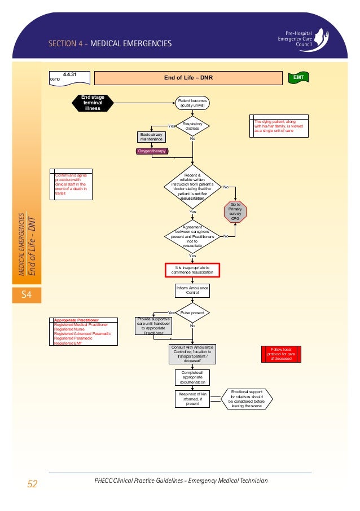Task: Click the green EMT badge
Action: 298,77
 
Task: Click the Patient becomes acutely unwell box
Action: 193,103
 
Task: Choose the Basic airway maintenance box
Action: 151,136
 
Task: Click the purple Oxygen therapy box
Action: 151,151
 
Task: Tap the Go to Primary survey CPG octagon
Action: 235,210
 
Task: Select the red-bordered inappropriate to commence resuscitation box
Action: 192,270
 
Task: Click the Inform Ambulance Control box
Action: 192,290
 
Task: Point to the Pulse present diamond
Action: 192,312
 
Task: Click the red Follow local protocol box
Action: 280,354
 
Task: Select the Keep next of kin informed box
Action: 192,398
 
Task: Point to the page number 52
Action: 32,483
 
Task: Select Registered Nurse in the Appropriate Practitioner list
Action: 68,329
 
